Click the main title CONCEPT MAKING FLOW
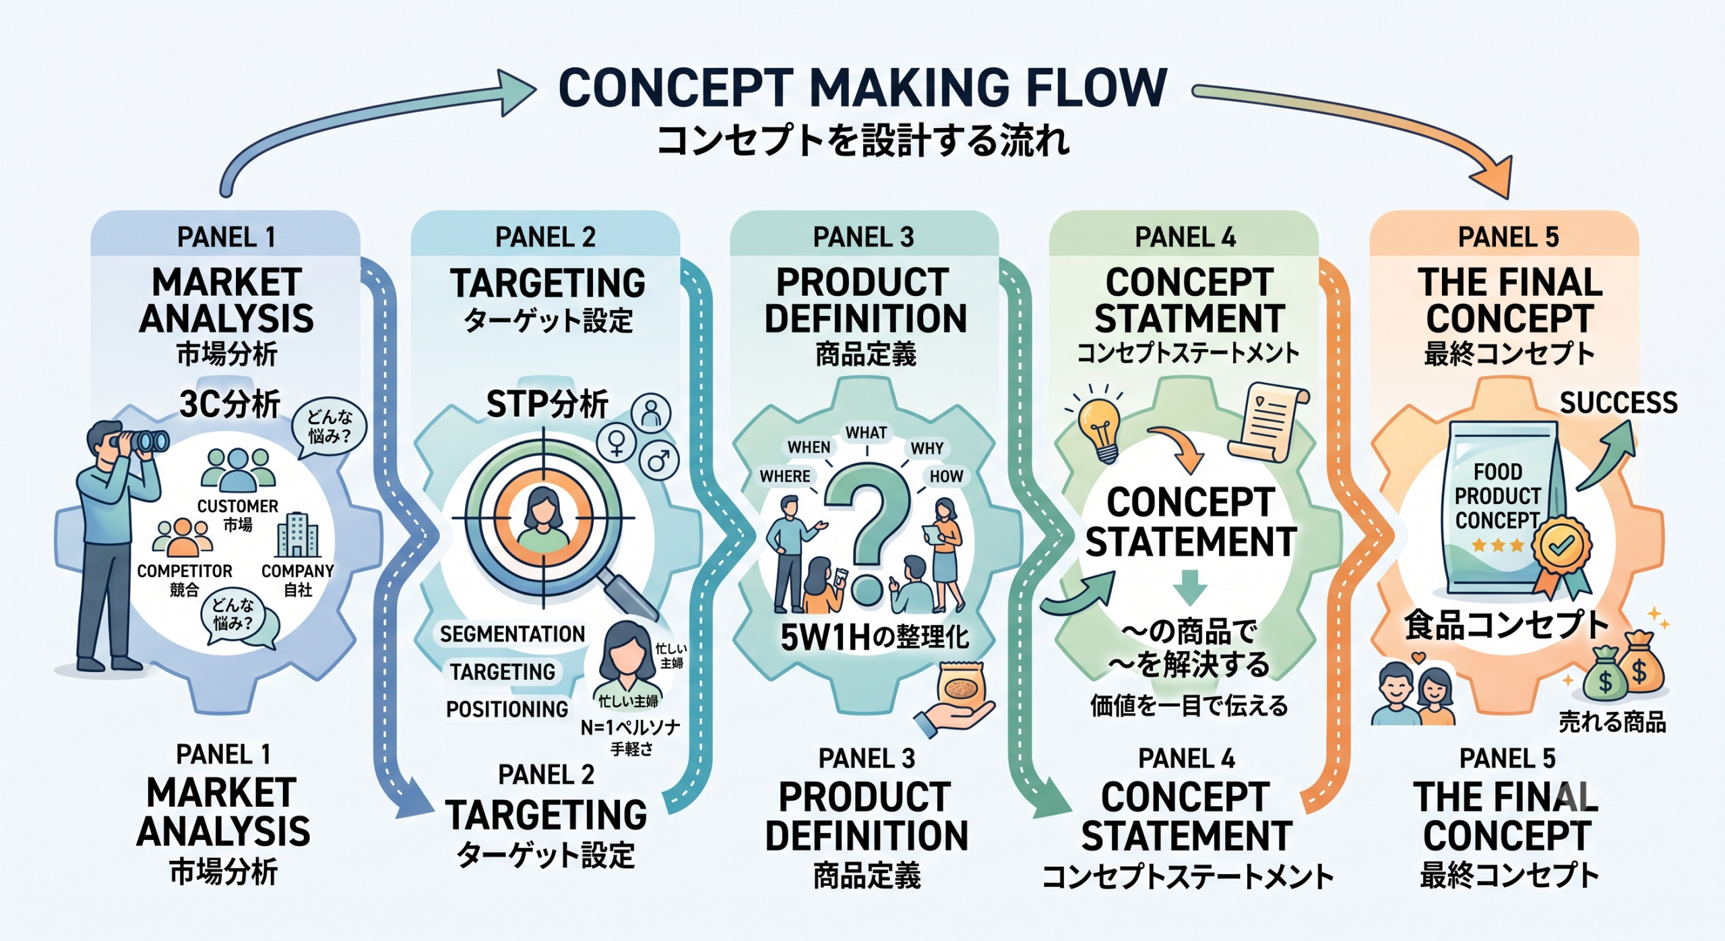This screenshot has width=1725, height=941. (x=862, y=88)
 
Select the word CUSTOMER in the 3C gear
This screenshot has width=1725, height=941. (x=237, y=506)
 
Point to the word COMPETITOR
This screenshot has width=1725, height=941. (x=185, y=571)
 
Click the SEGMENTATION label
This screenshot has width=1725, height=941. (x=512, y=634)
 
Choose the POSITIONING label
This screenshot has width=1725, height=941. (x=507, y=709)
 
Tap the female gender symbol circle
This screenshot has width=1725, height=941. (x=617, y=443)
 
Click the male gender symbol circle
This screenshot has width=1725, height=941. (x=658, y=460)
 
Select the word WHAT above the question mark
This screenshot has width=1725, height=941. (x=866, y=432)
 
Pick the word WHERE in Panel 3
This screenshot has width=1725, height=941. (x=785, y=476)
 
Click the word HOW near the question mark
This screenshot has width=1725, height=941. (x=946, y=476)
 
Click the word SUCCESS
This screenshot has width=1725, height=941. (x=1619, y=402)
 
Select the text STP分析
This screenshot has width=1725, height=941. (x=547, y=404)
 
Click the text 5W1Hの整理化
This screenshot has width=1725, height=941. (x=875, y=637)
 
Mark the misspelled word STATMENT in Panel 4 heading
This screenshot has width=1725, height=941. (x=1189, y=318)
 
